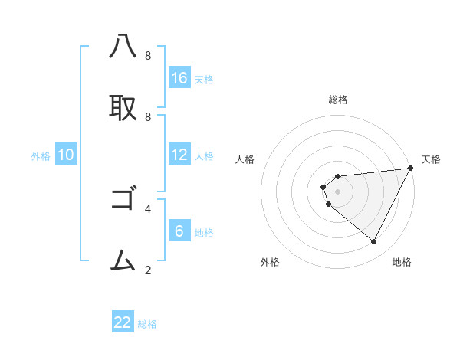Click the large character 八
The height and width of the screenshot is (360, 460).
tap(123, 47)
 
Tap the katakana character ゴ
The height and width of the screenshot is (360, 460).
tap(123, 200)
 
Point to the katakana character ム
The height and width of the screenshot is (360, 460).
tap(123, 261)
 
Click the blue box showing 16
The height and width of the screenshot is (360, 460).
tap(179, 78)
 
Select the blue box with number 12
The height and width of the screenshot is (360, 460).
tap(179, 155)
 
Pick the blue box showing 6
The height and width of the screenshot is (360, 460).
tap(179, 231)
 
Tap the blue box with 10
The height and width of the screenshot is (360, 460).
tap(66, 155)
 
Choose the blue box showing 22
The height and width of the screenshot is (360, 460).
tap(123, 322)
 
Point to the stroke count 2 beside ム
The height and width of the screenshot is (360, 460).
tap(148, 270)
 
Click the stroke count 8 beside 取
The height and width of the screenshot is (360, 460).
tap(148, 116)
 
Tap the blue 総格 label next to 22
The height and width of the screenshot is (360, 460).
tap(147, 324)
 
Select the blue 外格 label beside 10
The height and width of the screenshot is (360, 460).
tap(41, 156)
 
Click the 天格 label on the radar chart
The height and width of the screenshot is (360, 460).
tap(431, 159)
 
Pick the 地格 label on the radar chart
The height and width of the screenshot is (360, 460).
tap(402, 262)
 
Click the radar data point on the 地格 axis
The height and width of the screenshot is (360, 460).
tap(374, 242)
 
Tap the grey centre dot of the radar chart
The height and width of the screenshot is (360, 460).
tap(337, 191)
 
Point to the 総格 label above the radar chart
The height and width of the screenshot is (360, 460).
tap(338, 100)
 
